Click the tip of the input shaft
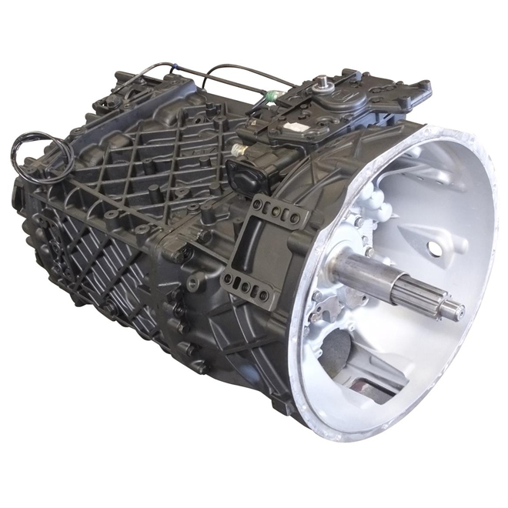(x=457, y=312)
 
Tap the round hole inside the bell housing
(x=436, y=249)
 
